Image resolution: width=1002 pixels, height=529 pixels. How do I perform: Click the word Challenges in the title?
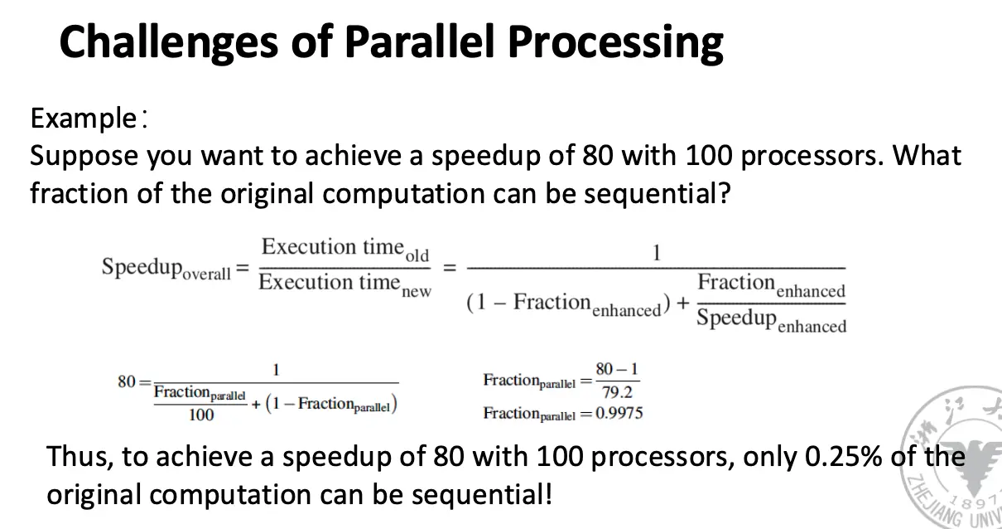(169, 43)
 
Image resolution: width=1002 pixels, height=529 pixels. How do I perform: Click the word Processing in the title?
(615, 43)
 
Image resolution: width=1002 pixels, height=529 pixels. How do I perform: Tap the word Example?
(84, 119)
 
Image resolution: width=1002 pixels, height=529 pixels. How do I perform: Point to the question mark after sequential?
(723, 193)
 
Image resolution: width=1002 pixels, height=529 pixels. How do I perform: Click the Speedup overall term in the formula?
(166, 269)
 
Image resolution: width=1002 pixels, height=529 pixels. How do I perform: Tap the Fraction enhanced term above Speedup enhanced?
(772, 285)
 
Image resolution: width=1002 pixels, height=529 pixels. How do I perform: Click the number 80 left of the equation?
(127, 381)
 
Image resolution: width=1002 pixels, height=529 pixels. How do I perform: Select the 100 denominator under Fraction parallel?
(201, 415)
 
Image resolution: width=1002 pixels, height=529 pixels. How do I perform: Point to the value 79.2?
(617, 392)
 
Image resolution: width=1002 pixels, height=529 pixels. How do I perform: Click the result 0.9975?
(619, 413)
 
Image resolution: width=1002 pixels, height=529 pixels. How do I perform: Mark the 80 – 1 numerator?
(617, 370)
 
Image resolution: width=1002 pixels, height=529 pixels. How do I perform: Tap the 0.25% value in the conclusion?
(844, 457)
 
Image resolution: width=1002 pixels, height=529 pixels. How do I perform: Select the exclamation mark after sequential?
(548, 494)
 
